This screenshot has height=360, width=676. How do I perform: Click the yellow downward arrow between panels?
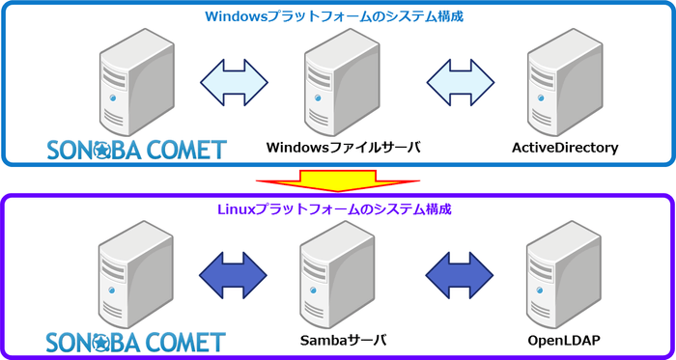[x=337, y=180]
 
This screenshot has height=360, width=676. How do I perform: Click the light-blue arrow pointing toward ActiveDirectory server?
[x=457, y=79]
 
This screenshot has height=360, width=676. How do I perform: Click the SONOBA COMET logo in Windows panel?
[x=136, y=149]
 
